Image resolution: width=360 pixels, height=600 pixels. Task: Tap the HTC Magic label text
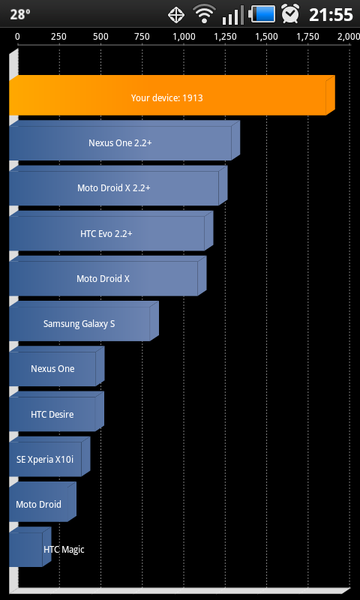64,550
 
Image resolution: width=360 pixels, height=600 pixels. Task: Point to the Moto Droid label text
39,504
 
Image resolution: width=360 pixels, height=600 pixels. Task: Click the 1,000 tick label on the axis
184,37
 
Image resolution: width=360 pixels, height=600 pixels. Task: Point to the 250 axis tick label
59,37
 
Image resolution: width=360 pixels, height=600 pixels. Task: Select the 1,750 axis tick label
308,37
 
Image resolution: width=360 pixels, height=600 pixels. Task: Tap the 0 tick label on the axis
17,37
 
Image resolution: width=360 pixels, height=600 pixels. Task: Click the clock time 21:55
331,14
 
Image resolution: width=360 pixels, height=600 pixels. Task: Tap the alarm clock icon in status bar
290,13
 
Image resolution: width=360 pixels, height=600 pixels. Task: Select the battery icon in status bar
262,14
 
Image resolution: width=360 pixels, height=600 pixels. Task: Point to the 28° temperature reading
20,14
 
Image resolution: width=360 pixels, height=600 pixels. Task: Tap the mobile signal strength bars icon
233,15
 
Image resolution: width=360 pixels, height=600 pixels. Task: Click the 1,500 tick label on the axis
267,37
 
